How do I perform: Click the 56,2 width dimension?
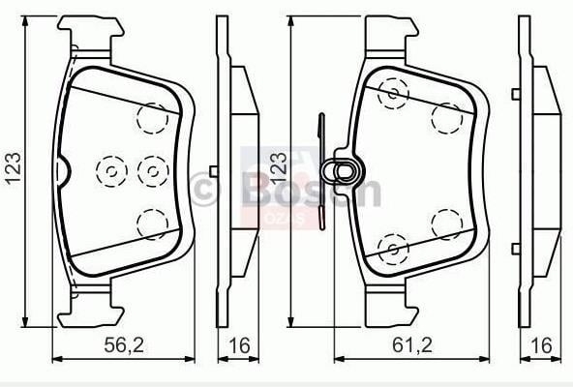coord(124,345)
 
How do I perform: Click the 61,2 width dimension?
coord(412,345)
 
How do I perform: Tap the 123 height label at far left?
coord(14,168)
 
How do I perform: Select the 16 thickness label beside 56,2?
coord(239,345)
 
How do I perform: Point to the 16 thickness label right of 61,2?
coord(541,345)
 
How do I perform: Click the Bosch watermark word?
coord(311,190)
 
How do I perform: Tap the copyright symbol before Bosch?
coord(205,190)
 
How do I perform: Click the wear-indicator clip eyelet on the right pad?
coord(344,171)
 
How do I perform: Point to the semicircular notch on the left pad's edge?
coord(63,171)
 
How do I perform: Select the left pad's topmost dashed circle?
coord(153,118)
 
